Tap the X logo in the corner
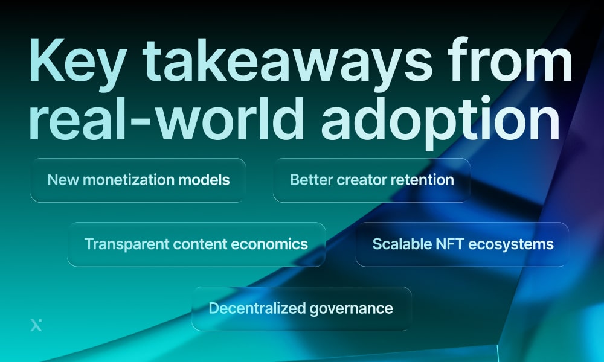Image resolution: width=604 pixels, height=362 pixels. tap(36, 325)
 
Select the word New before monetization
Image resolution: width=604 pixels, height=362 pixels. tap(61, 180)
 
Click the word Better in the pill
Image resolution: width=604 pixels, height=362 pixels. tap(309, 180)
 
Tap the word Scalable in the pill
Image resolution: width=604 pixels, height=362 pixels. tap(397, 244)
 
